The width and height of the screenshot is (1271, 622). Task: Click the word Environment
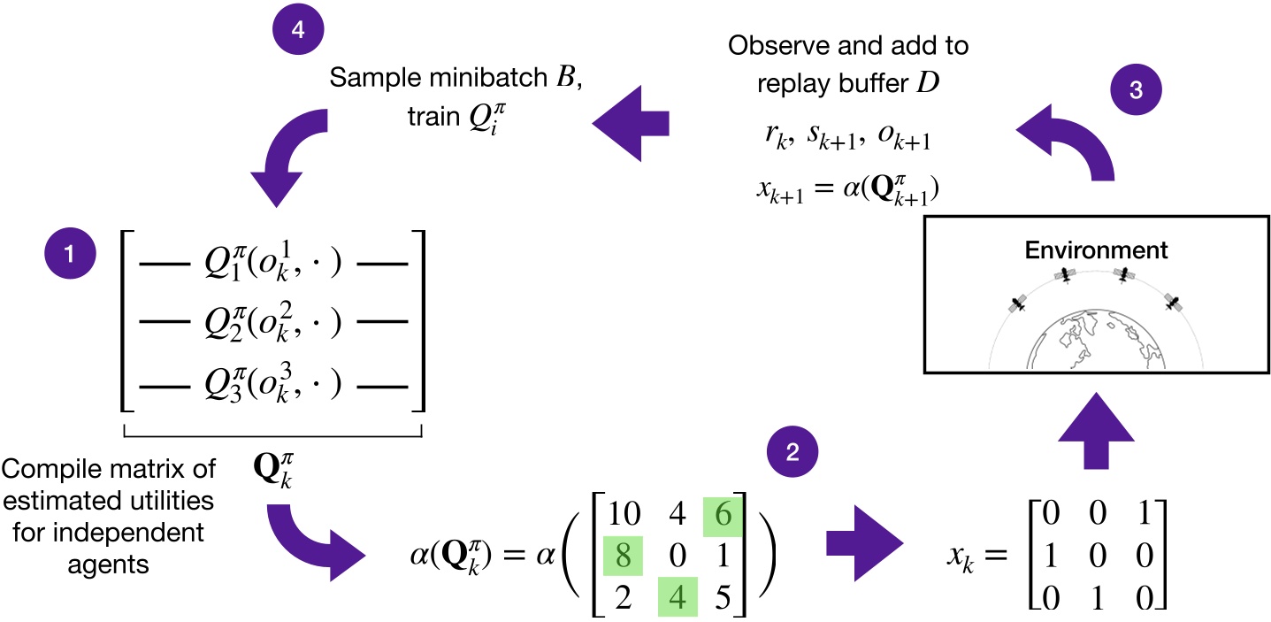click(x=1096, y=250)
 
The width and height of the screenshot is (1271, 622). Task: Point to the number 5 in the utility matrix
click(x=723, y=587)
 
